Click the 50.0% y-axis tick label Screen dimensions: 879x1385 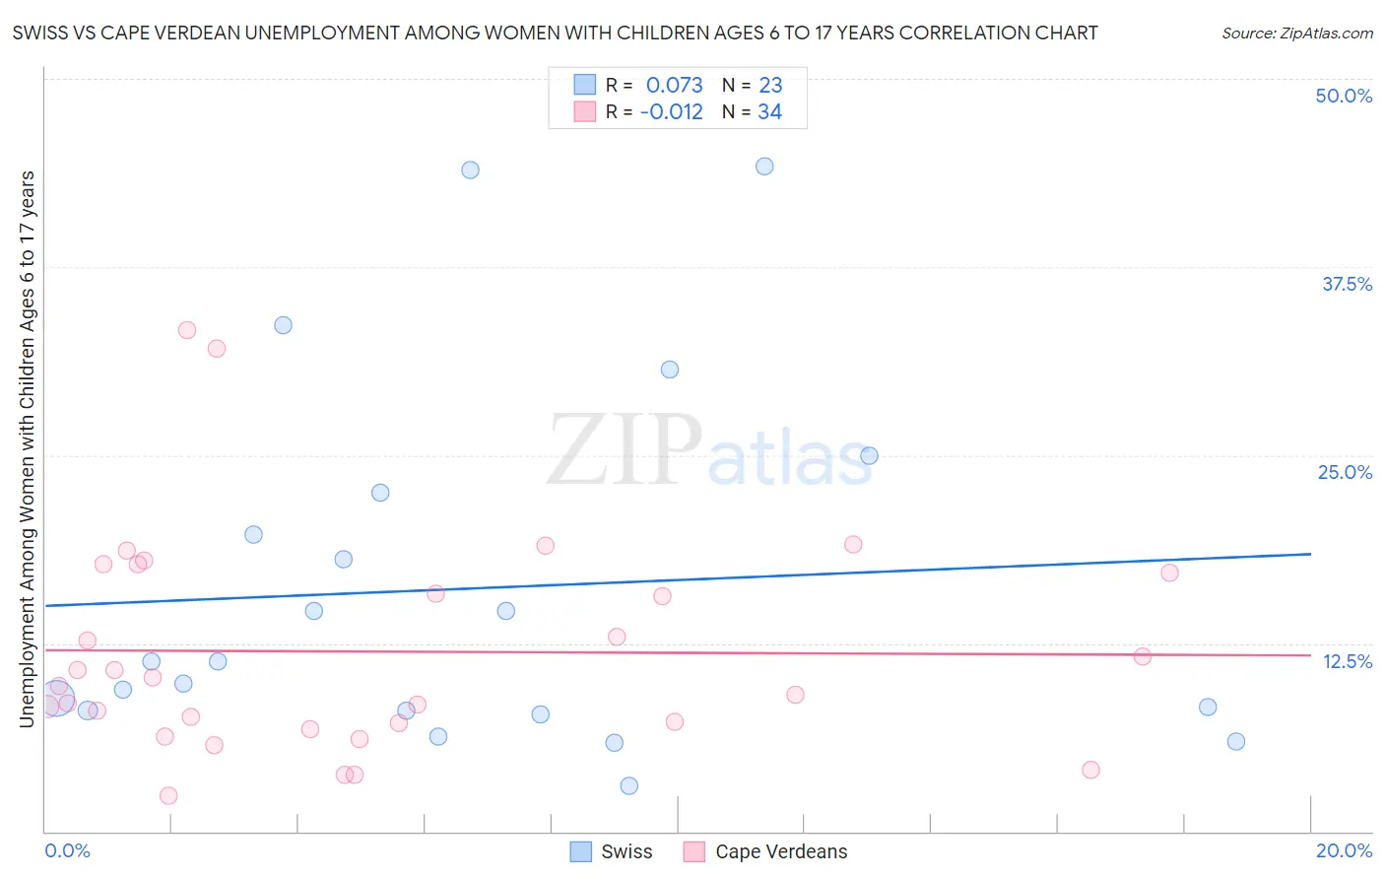[x=1344, y=96]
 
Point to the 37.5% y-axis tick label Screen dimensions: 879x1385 [x=1347, y=284]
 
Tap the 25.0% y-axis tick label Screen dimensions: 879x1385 [x=1345, y=472]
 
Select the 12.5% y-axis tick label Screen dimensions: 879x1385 [x=1347, y=661]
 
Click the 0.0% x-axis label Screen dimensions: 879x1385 [x=67, y=850]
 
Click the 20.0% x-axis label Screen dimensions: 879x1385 [x=1344, y=850]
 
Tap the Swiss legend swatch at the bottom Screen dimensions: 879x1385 [x=581, y=851]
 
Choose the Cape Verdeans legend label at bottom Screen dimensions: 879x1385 [x=781, y=851]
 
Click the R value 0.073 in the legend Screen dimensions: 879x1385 [x=674, y=85]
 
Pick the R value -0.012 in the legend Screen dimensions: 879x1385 [x=671, y=112]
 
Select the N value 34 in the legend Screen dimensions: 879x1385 [x=769, y=112]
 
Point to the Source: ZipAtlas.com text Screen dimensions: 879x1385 [x=1296, y=33]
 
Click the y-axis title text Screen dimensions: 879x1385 [x=27, y=449]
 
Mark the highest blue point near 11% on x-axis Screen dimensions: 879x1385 [x=764, y=167]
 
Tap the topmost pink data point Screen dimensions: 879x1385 [x=187, y=330]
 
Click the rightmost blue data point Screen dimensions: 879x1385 [x=1236, y=742]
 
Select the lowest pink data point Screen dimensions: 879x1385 [x=168, y=796]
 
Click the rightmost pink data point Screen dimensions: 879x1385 [x=1169, y=573]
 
